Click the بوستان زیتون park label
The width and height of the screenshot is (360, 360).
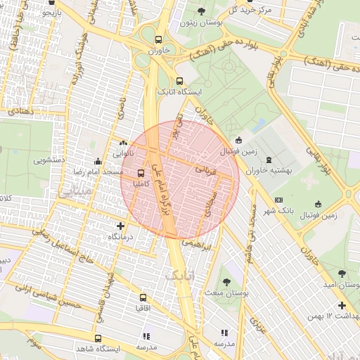tap(201, 23)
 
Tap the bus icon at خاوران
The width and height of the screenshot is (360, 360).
tap(160, 39)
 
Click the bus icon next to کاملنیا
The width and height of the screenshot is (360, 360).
tap(141, 172)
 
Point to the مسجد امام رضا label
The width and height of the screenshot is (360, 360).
tap(95, 172)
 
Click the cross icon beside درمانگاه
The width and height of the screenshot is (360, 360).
tap(122, 226)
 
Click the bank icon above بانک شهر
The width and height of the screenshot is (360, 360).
tap(278, 200)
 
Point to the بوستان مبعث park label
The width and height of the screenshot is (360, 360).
tap(224, 291)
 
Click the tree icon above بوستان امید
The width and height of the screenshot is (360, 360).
tap(342, 273)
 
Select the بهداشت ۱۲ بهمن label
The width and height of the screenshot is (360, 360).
tap(333, 318)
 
